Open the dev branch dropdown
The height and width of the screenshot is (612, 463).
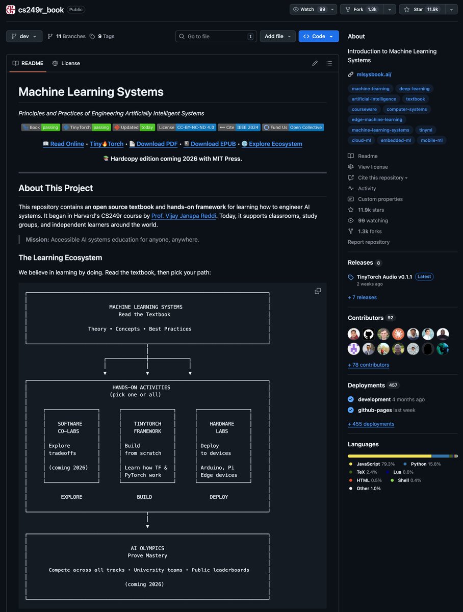24,36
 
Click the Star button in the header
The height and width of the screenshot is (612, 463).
422,9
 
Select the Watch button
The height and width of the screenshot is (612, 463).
309,9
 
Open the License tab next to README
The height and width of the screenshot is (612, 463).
66,63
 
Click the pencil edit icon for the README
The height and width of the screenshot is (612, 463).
315,63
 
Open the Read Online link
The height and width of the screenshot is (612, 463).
67,144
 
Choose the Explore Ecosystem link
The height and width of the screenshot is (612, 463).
275,144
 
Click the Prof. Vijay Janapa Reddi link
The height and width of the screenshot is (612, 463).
184,216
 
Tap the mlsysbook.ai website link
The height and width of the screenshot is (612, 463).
374,74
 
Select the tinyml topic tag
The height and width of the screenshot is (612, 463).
425,130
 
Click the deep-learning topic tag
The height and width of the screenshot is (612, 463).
414,89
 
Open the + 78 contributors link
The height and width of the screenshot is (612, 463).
368,365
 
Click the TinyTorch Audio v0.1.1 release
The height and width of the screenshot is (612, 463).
384,276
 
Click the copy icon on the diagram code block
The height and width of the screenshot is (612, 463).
318,291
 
